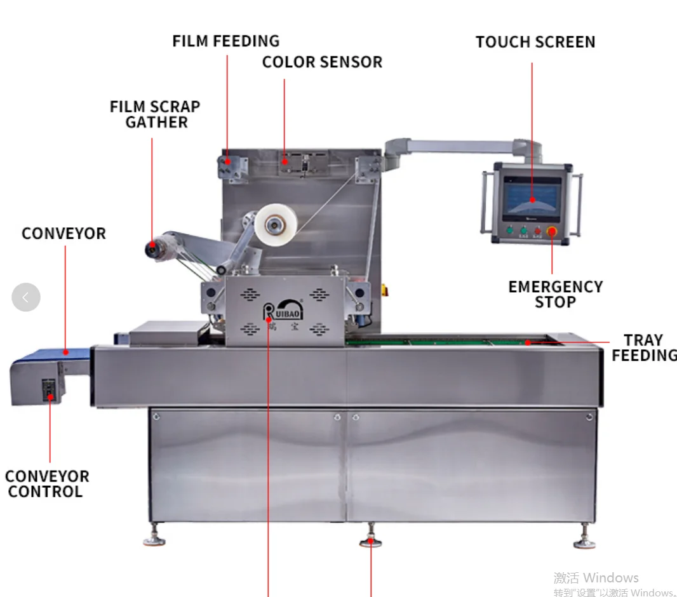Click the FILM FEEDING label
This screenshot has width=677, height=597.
click(x=225, y=41)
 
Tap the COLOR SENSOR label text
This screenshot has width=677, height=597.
click(x=322, y=62)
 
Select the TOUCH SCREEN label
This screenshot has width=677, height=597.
click(x=535, y=42)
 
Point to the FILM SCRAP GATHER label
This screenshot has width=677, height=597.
click(x=155, y=114)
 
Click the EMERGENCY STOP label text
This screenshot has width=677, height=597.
click(x=555, y=294)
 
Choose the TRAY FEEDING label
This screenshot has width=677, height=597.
click(x=643, y=347)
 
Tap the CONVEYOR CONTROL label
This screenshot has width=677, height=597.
click(x=46, y=483)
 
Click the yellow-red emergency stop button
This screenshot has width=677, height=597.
click(x=551, y=231)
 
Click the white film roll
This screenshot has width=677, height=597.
click(x=276, y=224)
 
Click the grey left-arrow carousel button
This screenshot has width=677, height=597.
click(x=26, y=297)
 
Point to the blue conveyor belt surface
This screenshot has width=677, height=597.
click(x=51, y=354)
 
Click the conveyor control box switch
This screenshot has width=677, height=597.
click(x=50, y=389)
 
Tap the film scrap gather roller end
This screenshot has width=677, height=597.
click(x=152, y=250)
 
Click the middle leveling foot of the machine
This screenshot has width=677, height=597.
click(x=371, y=540)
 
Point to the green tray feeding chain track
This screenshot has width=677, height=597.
click(x=445, y=342)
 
